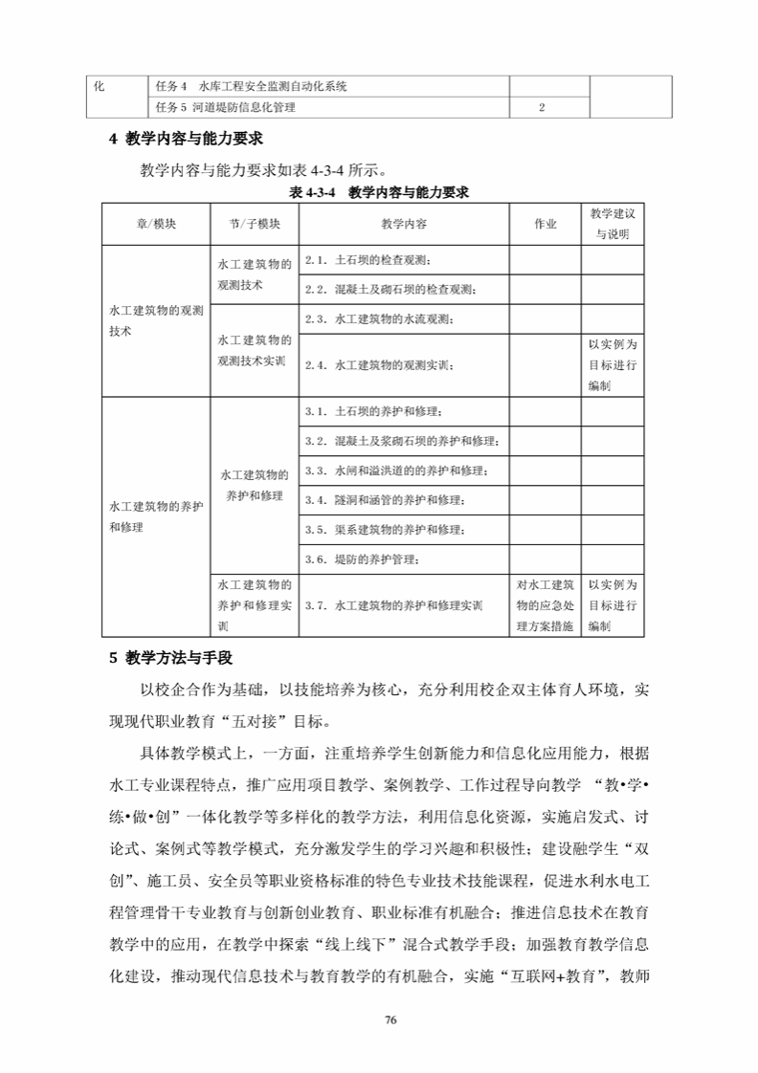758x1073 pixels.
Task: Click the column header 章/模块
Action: coord(157,225)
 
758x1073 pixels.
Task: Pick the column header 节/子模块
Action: coord(255,225)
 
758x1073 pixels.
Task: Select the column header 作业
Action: coord(545,225)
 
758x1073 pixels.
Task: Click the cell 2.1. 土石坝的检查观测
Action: coord(369,260)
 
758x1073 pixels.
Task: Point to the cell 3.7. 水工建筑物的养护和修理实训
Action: coord(393,605)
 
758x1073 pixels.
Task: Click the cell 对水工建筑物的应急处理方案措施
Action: coord(545,605)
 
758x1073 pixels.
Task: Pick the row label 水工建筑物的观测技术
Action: coord(157,320)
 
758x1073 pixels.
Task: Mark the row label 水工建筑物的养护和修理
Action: coord(157,515)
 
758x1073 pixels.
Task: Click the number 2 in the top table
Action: coord(543,108)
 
